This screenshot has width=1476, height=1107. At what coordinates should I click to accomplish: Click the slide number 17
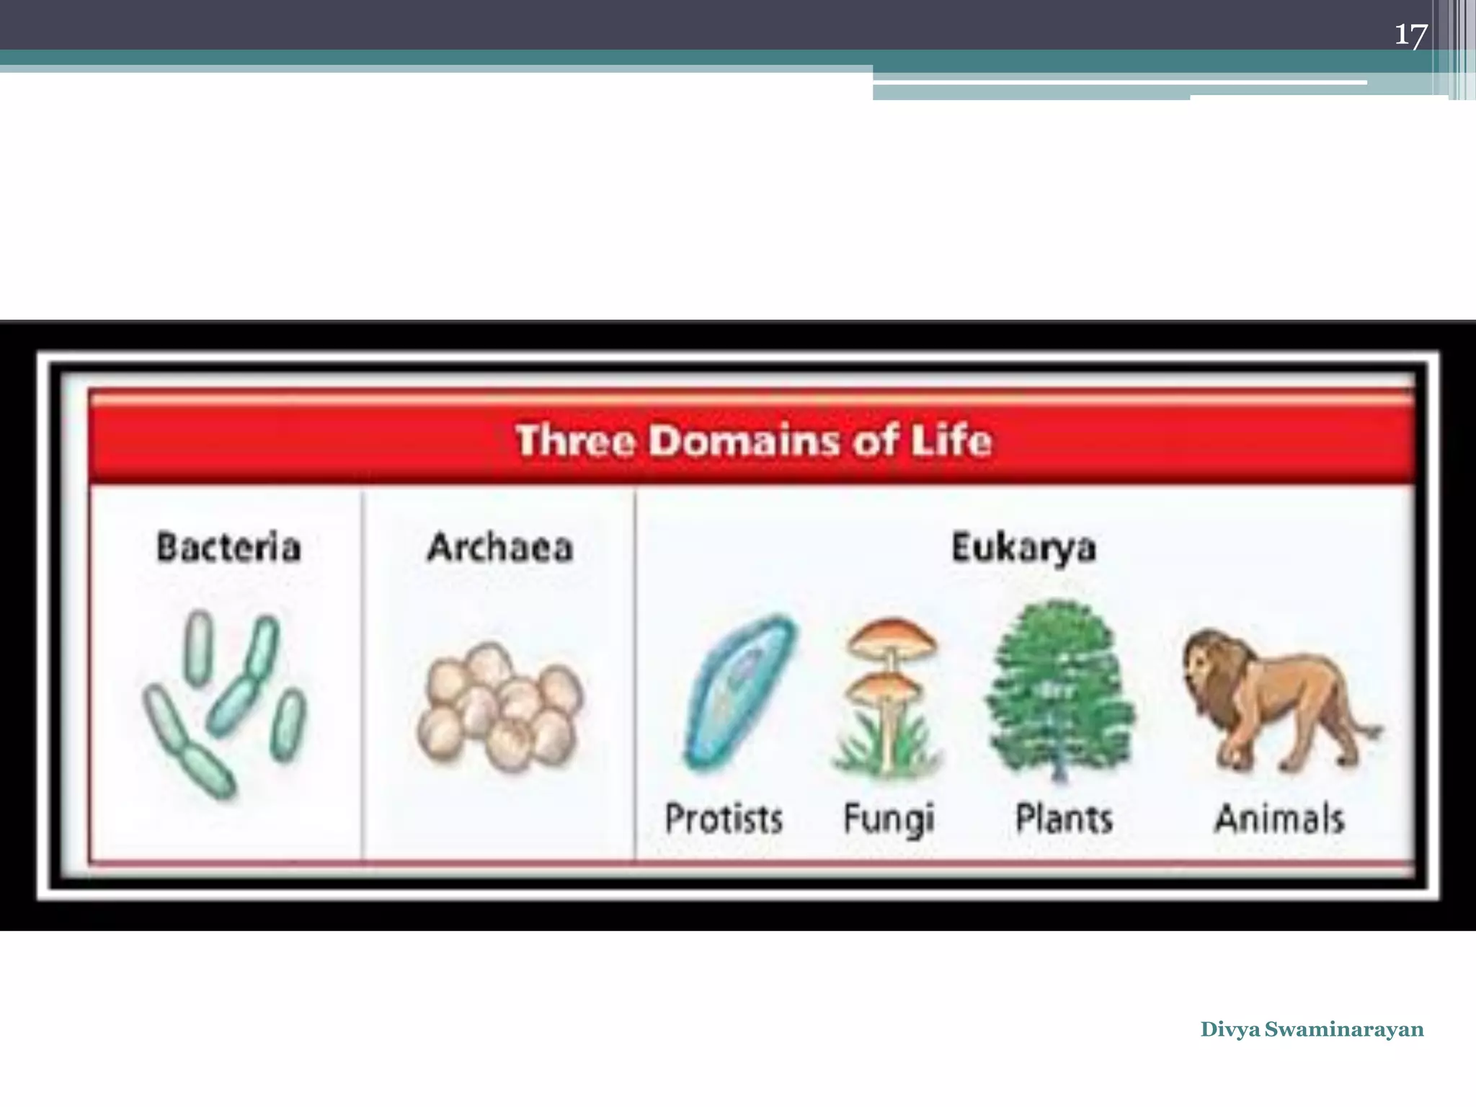(1410, 35)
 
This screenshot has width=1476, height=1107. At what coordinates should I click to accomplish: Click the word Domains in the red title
(744, 440)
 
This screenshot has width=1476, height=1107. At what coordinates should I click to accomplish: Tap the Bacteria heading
(228, 547)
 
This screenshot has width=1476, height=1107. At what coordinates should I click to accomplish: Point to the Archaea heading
(500, 547)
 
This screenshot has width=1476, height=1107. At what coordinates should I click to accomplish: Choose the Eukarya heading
(1023, 548)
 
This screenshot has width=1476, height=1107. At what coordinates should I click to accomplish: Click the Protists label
(724, 819)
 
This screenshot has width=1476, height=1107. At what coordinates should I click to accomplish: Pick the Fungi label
(889, 819)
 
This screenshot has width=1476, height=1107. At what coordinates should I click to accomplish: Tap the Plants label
(1064, 819)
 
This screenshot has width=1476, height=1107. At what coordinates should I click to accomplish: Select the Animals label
(1280, 819)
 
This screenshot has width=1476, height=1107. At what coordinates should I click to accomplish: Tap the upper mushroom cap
(892, 638)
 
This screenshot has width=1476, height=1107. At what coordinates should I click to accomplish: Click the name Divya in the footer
(1230, 1029)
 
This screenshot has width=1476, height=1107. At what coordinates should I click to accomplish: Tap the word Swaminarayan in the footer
(1344, 1029)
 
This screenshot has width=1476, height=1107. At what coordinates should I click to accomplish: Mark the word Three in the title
(575, 440)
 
